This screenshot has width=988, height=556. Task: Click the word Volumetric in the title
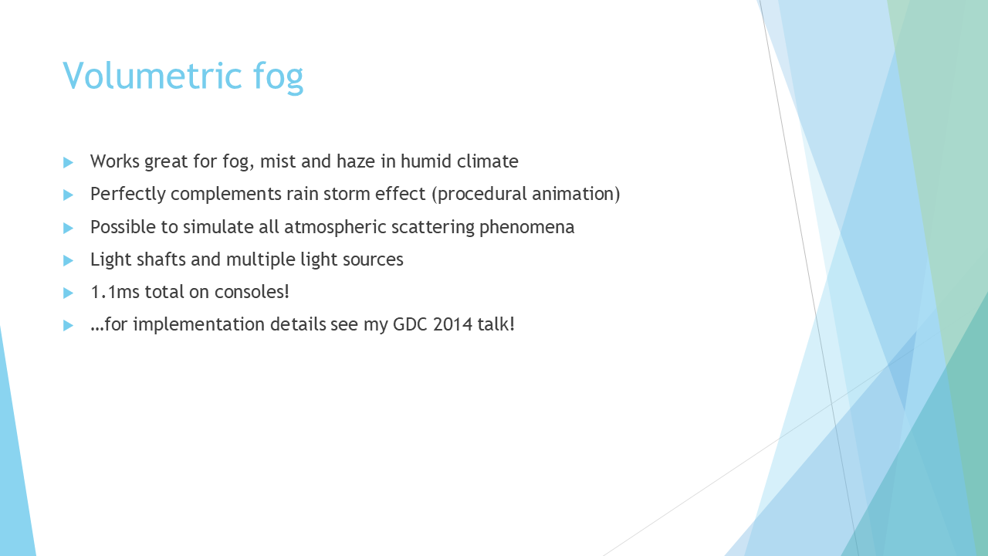(152, 76)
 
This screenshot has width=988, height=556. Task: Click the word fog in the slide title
(279, 77)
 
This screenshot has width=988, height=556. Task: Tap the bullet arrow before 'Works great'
(68, 162)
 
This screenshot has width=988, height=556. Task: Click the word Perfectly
(128, 194)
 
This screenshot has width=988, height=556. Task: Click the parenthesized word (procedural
(479, 194)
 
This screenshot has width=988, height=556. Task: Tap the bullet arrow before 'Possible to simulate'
(68, 228)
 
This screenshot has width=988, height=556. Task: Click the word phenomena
(526, 227)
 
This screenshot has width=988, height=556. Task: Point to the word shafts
(161, 259)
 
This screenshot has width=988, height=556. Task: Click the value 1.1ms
(115, 292)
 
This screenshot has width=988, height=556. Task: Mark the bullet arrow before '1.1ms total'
(68, 293)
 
